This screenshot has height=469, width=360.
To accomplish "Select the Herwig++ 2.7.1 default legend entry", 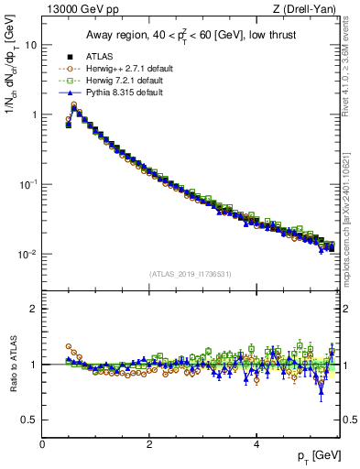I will click(130, 68).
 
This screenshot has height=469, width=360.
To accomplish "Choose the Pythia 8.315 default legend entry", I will click(125, 92).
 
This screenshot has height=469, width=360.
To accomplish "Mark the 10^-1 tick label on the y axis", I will click(27, 184).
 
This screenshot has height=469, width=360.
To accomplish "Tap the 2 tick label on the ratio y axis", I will click(33, 309).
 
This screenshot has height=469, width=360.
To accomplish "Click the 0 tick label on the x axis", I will click(42, 444).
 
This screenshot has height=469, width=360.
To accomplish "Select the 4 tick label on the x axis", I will click(256, 444).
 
